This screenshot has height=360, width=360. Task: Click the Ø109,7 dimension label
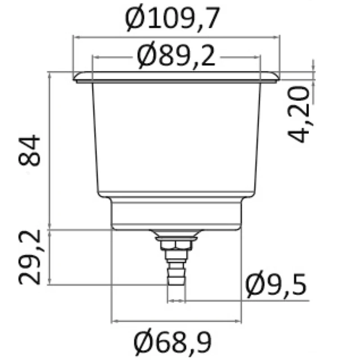click(x=172, y=18)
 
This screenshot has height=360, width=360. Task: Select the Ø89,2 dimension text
click(x=176, y=56)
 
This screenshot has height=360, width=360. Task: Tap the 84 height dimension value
click(x=29, y=150)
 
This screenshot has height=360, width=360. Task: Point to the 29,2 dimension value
click(x=29, y=257)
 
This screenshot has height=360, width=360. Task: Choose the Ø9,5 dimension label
click(x=276, y=285)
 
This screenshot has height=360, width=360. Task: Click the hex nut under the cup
click(x=176, y=245)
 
